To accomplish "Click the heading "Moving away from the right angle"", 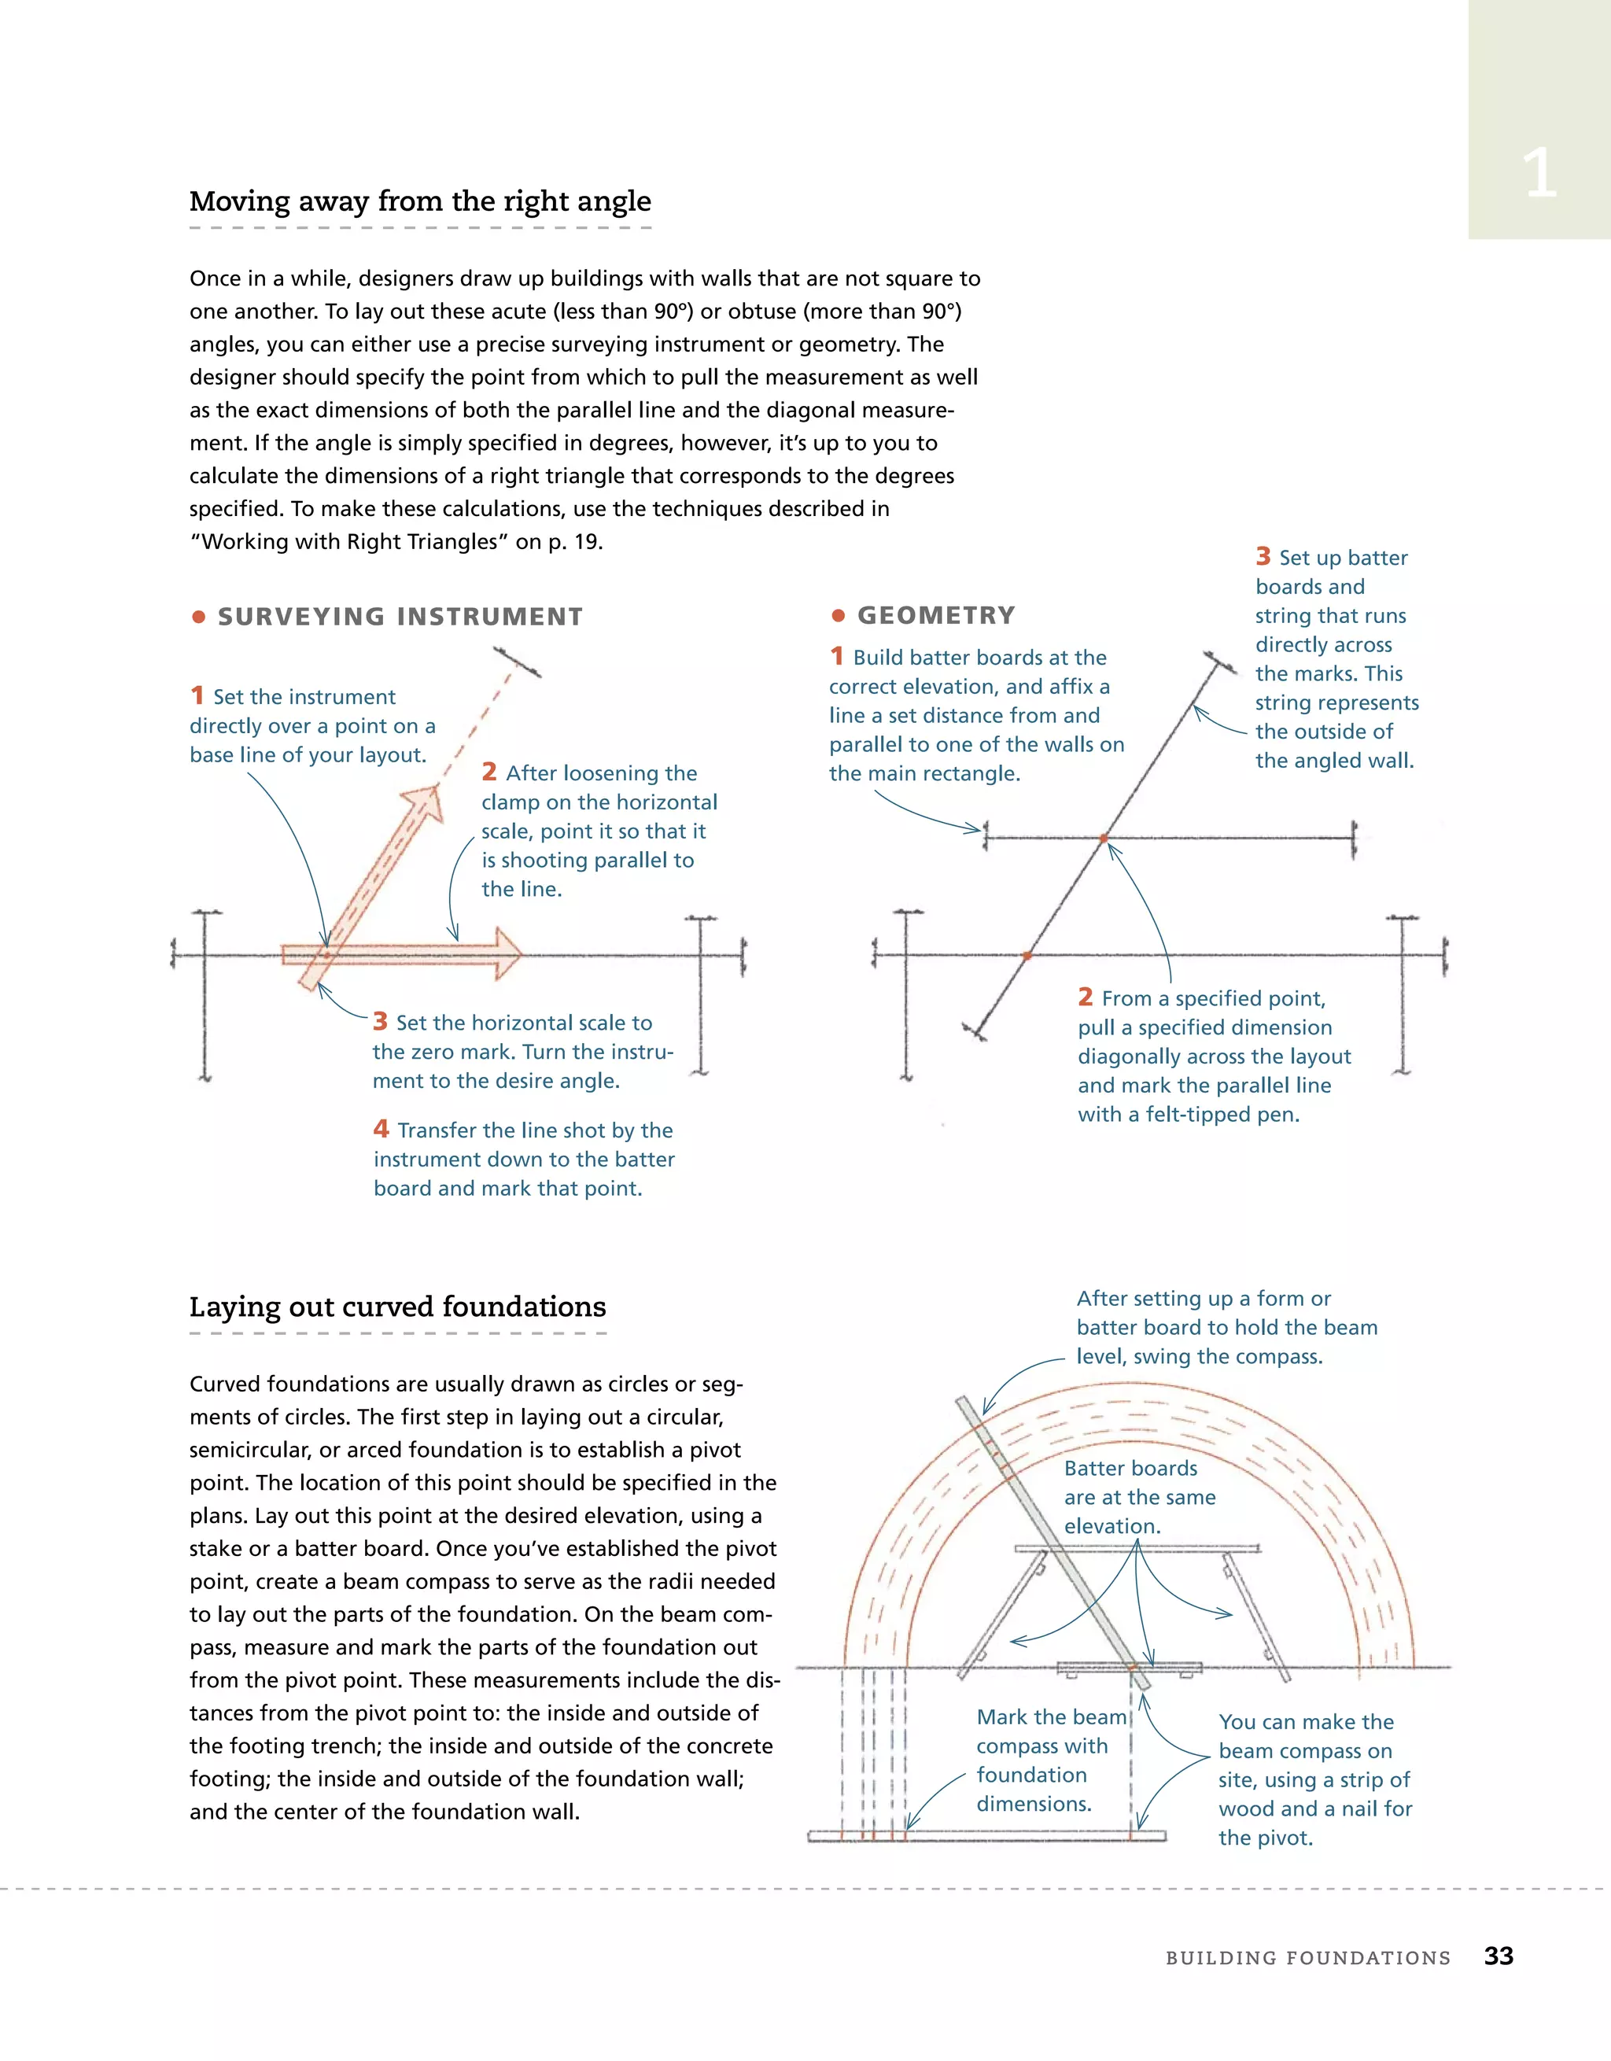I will [420, 201].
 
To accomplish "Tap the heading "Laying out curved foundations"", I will [397, 1306].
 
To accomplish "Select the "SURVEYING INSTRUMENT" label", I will [400, 618].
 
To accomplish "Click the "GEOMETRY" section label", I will [935, 615].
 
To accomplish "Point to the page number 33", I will [1498, 1956].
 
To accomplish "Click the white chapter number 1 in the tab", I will [1539, 174].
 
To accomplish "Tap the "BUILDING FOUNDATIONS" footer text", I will [1307, 1958].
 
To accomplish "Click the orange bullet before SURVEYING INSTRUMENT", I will [198, 618].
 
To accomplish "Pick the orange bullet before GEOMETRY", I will [837, 616].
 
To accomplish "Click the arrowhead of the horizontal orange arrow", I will [507, 954].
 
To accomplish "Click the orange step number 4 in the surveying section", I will [381, 1129].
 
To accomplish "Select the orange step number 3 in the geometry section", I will [1263, 556].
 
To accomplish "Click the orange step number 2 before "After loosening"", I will [488, 772].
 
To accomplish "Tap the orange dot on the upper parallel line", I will [1104, 838].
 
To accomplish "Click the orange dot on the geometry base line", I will [1027, 956].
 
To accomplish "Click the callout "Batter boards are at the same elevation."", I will [1139, 1497].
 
